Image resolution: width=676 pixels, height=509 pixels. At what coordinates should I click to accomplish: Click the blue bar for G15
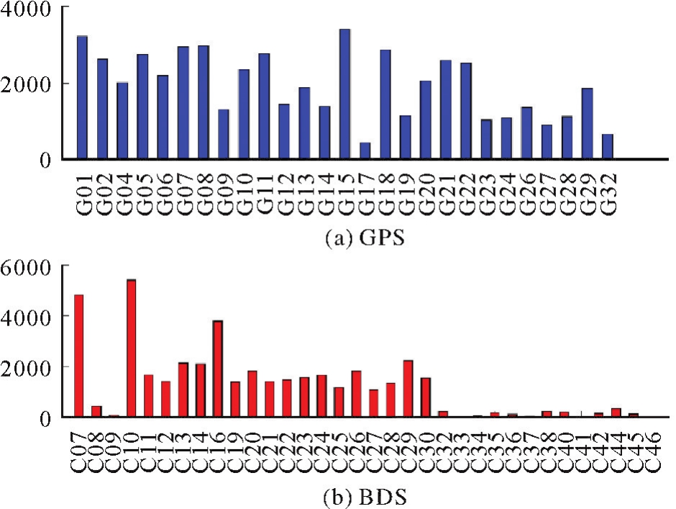[344, 94]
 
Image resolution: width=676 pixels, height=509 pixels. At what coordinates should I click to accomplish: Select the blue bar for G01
[82, 97]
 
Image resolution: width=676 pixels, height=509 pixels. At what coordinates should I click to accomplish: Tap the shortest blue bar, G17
[365, 150]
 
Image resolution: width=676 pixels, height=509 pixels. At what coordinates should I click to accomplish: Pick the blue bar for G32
[607, 146]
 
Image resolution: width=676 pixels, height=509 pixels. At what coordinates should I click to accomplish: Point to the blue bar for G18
[385, 104]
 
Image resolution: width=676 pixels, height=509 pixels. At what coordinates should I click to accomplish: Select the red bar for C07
[79, 356]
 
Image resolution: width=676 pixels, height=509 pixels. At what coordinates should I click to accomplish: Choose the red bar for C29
[408, 388]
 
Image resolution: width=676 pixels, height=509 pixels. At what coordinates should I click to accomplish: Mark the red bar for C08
[96, 411]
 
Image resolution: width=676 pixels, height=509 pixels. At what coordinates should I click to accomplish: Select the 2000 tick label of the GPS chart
[33, 84]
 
